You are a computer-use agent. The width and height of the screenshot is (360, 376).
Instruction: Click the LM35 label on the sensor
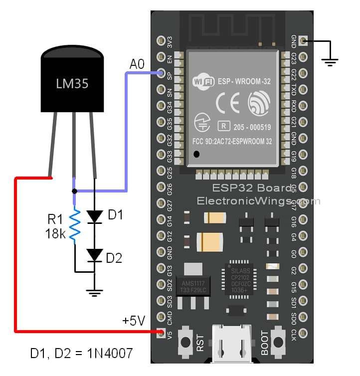pos(72,83)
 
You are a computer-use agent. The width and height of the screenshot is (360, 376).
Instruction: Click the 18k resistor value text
pos(55,233)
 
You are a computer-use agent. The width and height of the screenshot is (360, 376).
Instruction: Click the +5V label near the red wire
pos(134,320)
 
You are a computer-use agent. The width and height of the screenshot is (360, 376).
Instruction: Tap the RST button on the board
pos(186,342)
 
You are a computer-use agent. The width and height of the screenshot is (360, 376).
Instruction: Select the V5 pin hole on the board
pos(161,332)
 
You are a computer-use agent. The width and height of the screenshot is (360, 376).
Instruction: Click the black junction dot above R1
pos(74,191)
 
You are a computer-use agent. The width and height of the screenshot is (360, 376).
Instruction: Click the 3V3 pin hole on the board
pos(161,40)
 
